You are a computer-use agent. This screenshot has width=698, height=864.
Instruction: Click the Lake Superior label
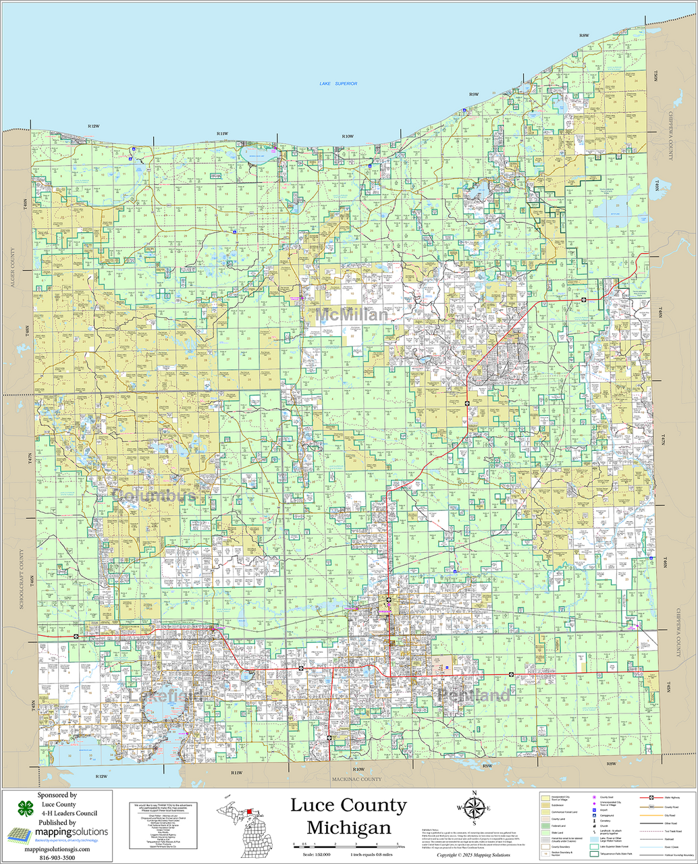click(338, 84)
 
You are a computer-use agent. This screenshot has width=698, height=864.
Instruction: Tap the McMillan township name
click(352, 315)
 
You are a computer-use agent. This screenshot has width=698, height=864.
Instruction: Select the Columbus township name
click(153, 495)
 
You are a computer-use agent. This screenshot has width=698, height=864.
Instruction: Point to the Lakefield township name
click(165, 695)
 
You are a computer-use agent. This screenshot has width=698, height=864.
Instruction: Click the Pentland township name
click(473, 695)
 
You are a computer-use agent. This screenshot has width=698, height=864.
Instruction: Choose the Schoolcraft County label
click(21, 579)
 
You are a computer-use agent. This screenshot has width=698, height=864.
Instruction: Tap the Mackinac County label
click(356, 780)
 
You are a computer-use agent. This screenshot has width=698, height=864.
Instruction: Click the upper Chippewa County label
click(671, 136)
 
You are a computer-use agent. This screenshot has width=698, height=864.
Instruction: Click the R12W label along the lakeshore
click(94, 126)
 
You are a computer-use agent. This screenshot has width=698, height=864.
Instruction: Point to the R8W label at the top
click(584, 35)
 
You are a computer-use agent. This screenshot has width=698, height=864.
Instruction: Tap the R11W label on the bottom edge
click(236, 772)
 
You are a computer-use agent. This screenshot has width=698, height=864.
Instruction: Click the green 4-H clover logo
click(26, 809)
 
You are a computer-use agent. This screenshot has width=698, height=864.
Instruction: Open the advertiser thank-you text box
click(163, 826)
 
